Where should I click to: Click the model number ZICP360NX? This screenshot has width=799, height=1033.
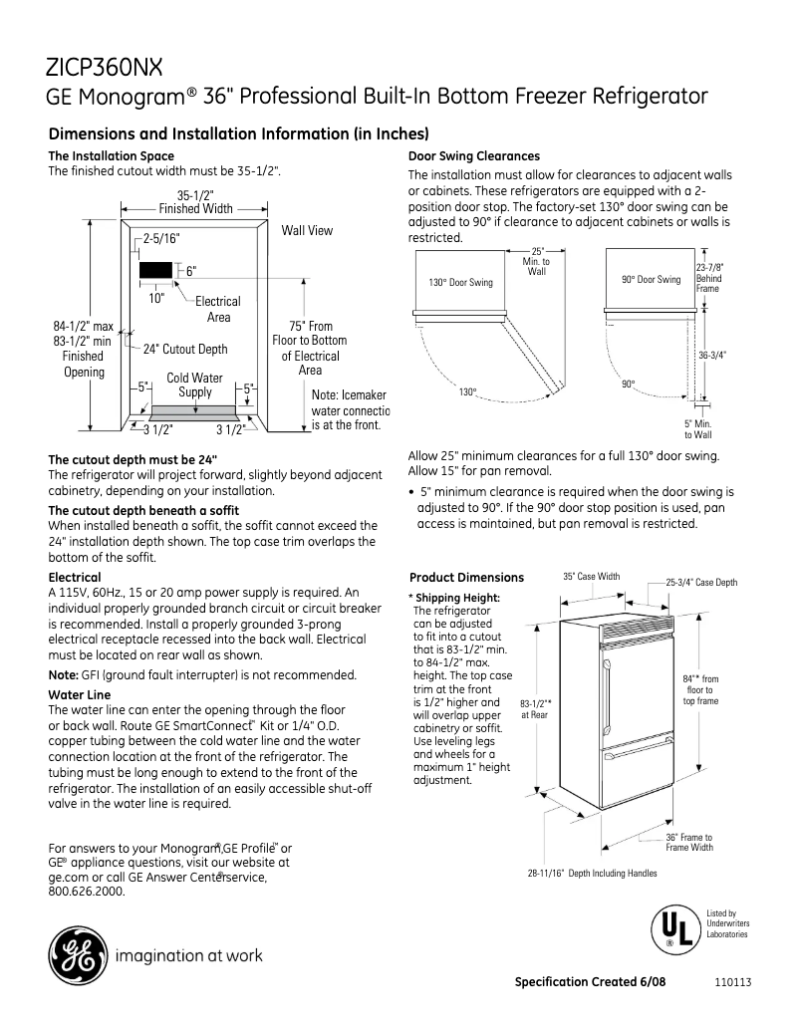[x=105, y=67]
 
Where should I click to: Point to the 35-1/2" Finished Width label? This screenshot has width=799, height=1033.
[x=195, y=202]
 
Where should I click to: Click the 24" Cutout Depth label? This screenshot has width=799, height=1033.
[x=185, y=349]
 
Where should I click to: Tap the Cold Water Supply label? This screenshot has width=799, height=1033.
[x=194, y=385]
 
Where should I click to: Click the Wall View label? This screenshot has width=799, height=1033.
[x=307, y=230]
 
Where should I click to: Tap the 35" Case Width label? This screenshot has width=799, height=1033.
[x=591, y=576]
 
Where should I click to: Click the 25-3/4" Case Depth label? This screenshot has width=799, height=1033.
[x=701, y=582]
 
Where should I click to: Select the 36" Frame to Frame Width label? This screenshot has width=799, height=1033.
[x=689, y=842]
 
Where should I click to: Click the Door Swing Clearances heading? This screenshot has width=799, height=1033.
[x=474, y=155]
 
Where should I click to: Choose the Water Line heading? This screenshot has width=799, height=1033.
[x=79, y=694]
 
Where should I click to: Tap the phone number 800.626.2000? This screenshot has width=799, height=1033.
[x=87, y=892]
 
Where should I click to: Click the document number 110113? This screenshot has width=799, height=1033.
[x=732, y=982]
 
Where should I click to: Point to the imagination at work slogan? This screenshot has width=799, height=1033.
[x=190, y=956]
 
